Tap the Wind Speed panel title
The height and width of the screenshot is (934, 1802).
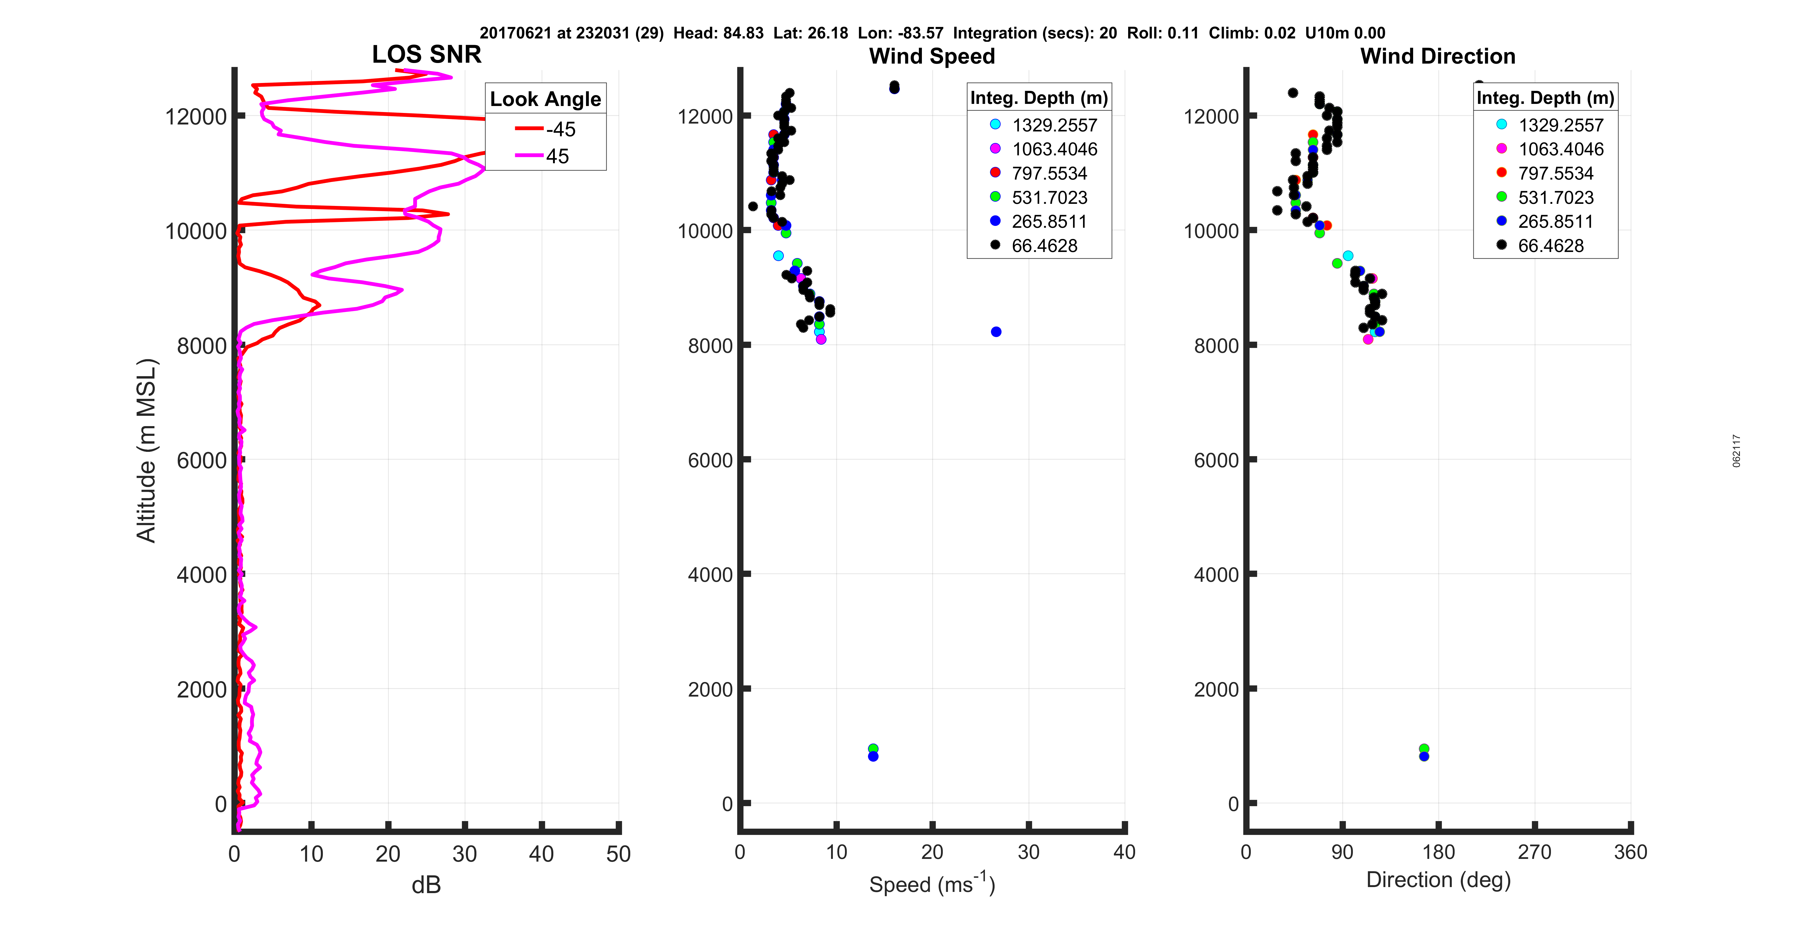point(932,56)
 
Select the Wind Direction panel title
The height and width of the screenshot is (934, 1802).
point(1438,56)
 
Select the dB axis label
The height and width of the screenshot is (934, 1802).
point(426,885)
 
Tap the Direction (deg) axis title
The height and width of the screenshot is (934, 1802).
point(1438,880)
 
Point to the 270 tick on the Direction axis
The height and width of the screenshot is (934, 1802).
point(1534,852)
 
